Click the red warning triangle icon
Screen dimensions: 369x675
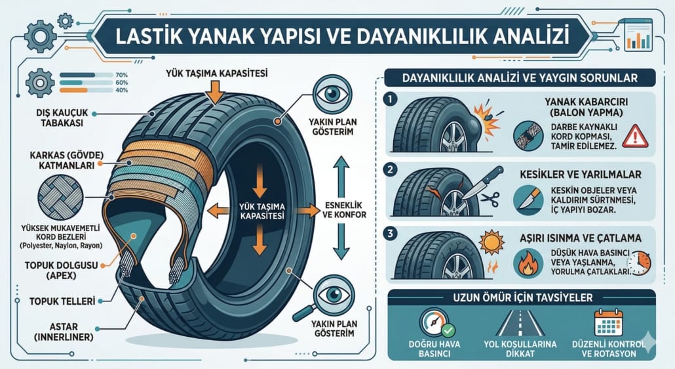634,136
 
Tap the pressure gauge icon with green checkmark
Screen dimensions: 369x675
434,324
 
